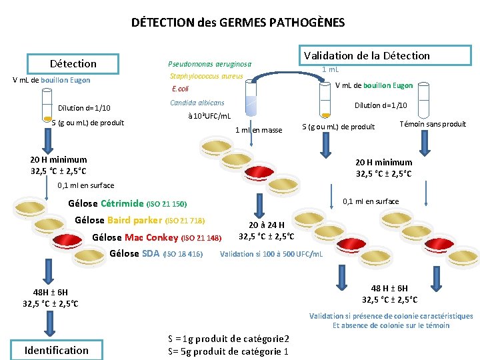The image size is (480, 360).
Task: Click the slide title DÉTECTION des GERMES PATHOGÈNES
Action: pyautogui.click(x=238, y=23)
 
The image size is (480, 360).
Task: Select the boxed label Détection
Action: pyautogui.click(x=73, y=63)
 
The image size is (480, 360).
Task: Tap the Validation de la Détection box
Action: pyautogui.click(x=367, y=55)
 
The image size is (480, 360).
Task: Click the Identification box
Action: pyautogui.click(x=56, y=350)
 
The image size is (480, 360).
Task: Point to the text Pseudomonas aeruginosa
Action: pyautogui.click(x=210, y=65)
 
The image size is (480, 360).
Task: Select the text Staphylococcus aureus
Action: pyautogui.click(x=206, y=77)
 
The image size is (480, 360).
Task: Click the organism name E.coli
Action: pyautogui.click(x=181, y=89)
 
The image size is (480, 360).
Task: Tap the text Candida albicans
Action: pyautogui.click(x=197, y=103)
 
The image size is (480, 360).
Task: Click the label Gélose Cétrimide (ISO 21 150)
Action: pyautogui.click(x=127, y=203)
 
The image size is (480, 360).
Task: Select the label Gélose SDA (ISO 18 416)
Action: pyautogui.click(x=155, y=253)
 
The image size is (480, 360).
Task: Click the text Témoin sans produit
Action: pyautogui.click(x=432, y=124)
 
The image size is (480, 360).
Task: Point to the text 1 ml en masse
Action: pyautogui.click(x=259, y=130)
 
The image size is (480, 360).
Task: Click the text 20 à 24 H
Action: pyautogui.click(x=267, y=225)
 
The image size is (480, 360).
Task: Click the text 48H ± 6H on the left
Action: pyautogui.click(x=51, y=292)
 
